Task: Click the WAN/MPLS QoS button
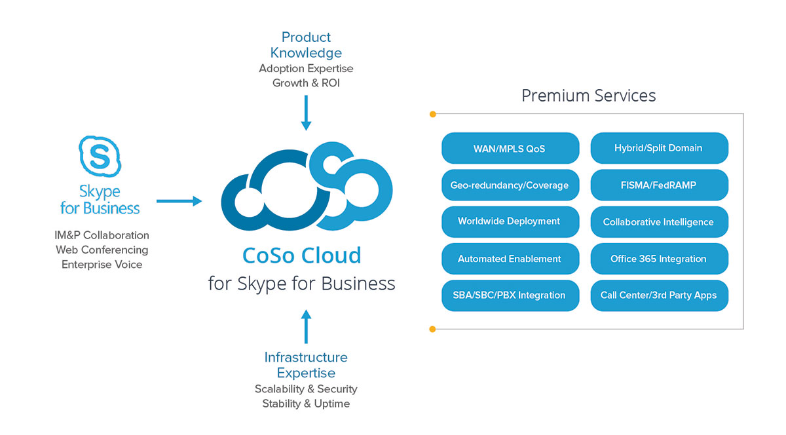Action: coord(510,148)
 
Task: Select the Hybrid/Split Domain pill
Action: coord(659,148)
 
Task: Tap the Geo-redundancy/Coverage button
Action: coord(510,185)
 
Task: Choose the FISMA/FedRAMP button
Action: coord(659,185)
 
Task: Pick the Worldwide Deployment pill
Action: coord(510,221)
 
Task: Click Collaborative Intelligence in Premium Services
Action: coord(659,222)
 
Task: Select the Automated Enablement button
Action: coord(510,259)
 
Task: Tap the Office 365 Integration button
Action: coord(659,259)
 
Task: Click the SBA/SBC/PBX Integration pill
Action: coord(510,295)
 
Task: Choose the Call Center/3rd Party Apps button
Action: coord(659,295)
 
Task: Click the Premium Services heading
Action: coord(588,96)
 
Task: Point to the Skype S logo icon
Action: coord(100,157)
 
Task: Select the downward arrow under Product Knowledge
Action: coord(306,113)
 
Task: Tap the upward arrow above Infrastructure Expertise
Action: coord(306,326)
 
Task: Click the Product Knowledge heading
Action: coord(306,45)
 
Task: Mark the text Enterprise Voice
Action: coord(102,265)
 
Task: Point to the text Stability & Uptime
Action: coord(306,404)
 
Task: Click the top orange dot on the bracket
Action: coord(432,115)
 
